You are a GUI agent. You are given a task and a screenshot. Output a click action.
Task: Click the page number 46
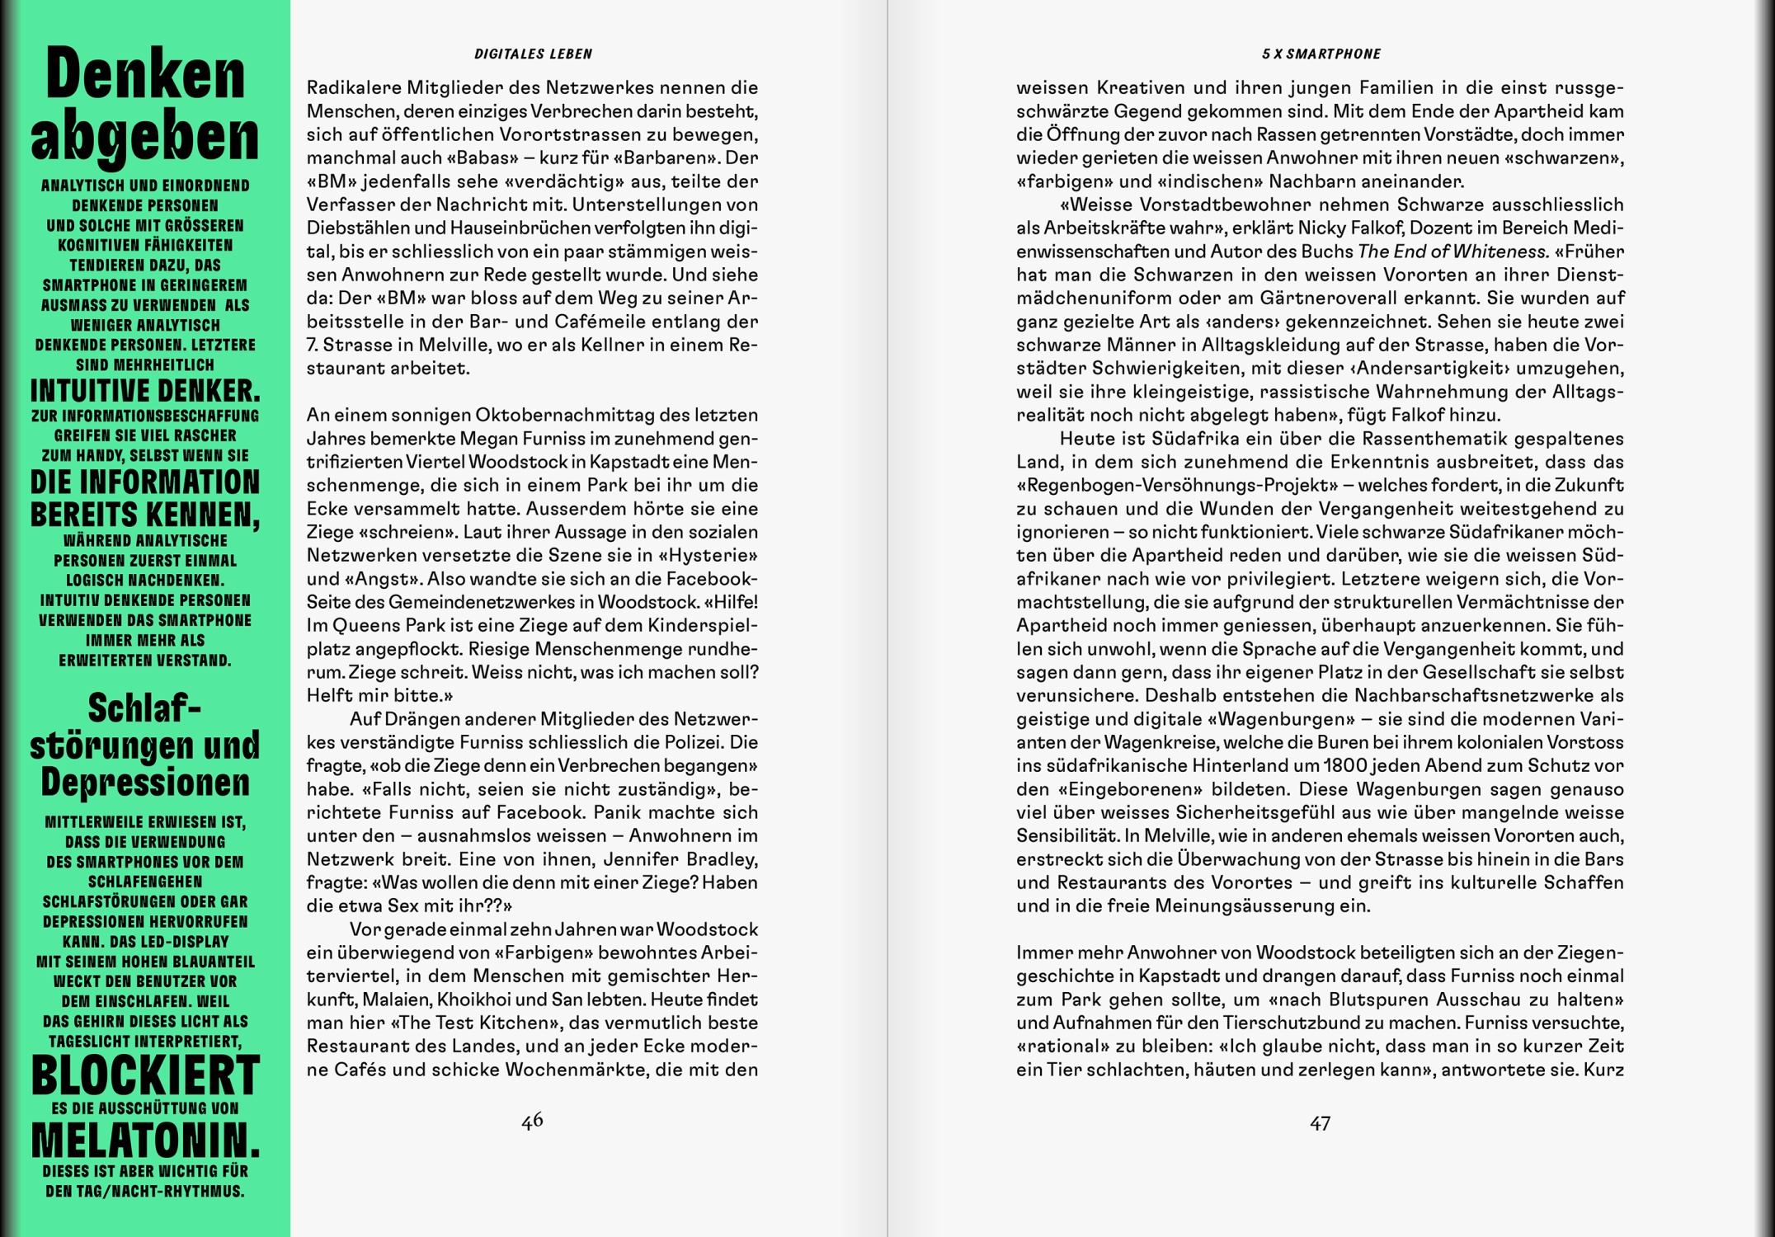tap(532, 1120)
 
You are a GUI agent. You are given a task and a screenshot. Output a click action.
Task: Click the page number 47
tap(1320, 1123)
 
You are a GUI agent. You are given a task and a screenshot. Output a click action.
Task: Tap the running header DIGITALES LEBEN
tap(533, 54)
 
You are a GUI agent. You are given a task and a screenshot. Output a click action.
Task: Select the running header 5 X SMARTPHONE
tap(1321, 54)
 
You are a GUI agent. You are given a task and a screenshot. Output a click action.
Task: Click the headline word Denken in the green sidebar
tap(145, 75)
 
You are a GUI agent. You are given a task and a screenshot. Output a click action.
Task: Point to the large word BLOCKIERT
tap(145, 1075)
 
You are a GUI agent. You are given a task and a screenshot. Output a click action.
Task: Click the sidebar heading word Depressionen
tap(145, 782)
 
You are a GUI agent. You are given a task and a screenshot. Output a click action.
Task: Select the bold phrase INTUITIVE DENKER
tap(145, 390)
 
